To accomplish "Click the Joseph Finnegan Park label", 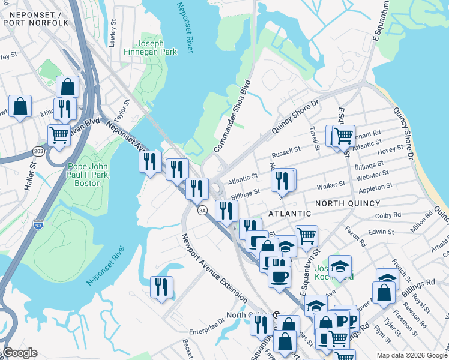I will (157, 47).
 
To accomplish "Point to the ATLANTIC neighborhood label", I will (289, 213).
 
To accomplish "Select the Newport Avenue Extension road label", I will (214, 267).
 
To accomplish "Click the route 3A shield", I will (203, 210).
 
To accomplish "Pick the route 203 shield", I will (40, 151).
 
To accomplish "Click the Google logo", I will (19, 353).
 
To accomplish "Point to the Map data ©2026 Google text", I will (411, 355).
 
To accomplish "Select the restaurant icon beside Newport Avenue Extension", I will (161, 287).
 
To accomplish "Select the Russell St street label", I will (285, 151).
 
